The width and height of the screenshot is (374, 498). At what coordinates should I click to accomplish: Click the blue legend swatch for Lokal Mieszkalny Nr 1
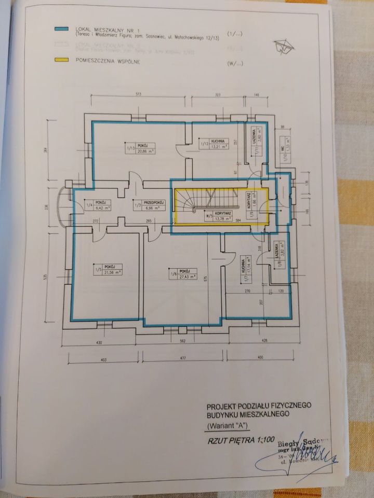point(63,30)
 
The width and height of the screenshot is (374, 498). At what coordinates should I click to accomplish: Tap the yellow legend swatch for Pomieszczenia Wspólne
point(63,62)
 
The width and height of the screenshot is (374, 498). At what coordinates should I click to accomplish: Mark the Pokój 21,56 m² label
point(108,270)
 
